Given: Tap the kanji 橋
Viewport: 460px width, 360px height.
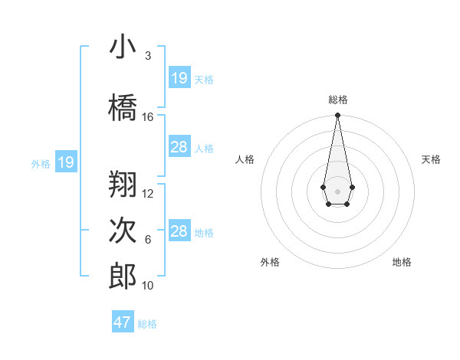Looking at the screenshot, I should point(123,107).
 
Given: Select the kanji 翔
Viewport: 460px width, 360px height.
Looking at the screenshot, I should point(123,184).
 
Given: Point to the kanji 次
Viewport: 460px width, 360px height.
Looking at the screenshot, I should point(123,231).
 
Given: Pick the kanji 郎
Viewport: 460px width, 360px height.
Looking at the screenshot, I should point(123,277).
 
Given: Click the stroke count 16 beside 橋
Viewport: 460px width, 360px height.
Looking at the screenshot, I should point(148,117).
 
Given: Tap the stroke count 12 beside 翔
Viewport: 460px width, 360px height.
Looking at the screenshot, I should point(148,194).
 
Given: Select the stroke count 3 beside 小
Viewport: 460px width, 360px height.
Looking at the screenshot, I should point(148,56).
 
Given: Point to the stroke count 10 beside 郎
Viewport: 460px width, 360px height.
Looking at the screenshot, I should point(148,286).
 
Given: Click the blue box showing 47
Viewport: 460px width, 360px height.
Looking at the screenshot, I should point(123,322).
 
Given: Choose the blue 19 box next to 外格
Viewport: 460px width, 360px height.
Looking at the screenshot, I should point(65,162).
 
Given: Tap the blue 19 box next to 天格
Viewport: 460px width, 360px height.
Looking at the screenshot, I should point(179,78).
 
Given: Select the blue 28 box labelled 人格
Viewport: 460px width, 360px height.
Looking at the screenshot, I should point(179,147).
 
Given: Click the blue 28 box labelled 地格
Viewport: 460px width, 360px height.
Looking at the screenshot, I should point(179,231).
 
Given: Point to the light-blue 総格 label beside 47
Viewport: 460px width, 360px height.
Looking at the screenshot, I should point(147,324).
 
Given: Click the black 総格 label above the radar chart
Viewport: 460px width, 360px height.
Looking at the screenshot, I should point(337,100).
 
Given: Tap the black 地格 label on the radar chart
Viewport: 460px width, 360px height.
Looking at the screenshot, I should point(402,262).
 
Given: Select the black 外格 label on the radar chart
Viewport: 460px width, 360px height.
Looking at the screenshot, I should point(270,262).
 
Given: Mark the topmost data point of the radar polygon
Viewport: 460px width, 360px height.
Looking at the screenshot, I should point(337,116).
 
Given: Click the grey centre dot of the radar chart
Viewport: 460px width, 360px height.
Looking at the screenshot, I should point(337,191).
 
